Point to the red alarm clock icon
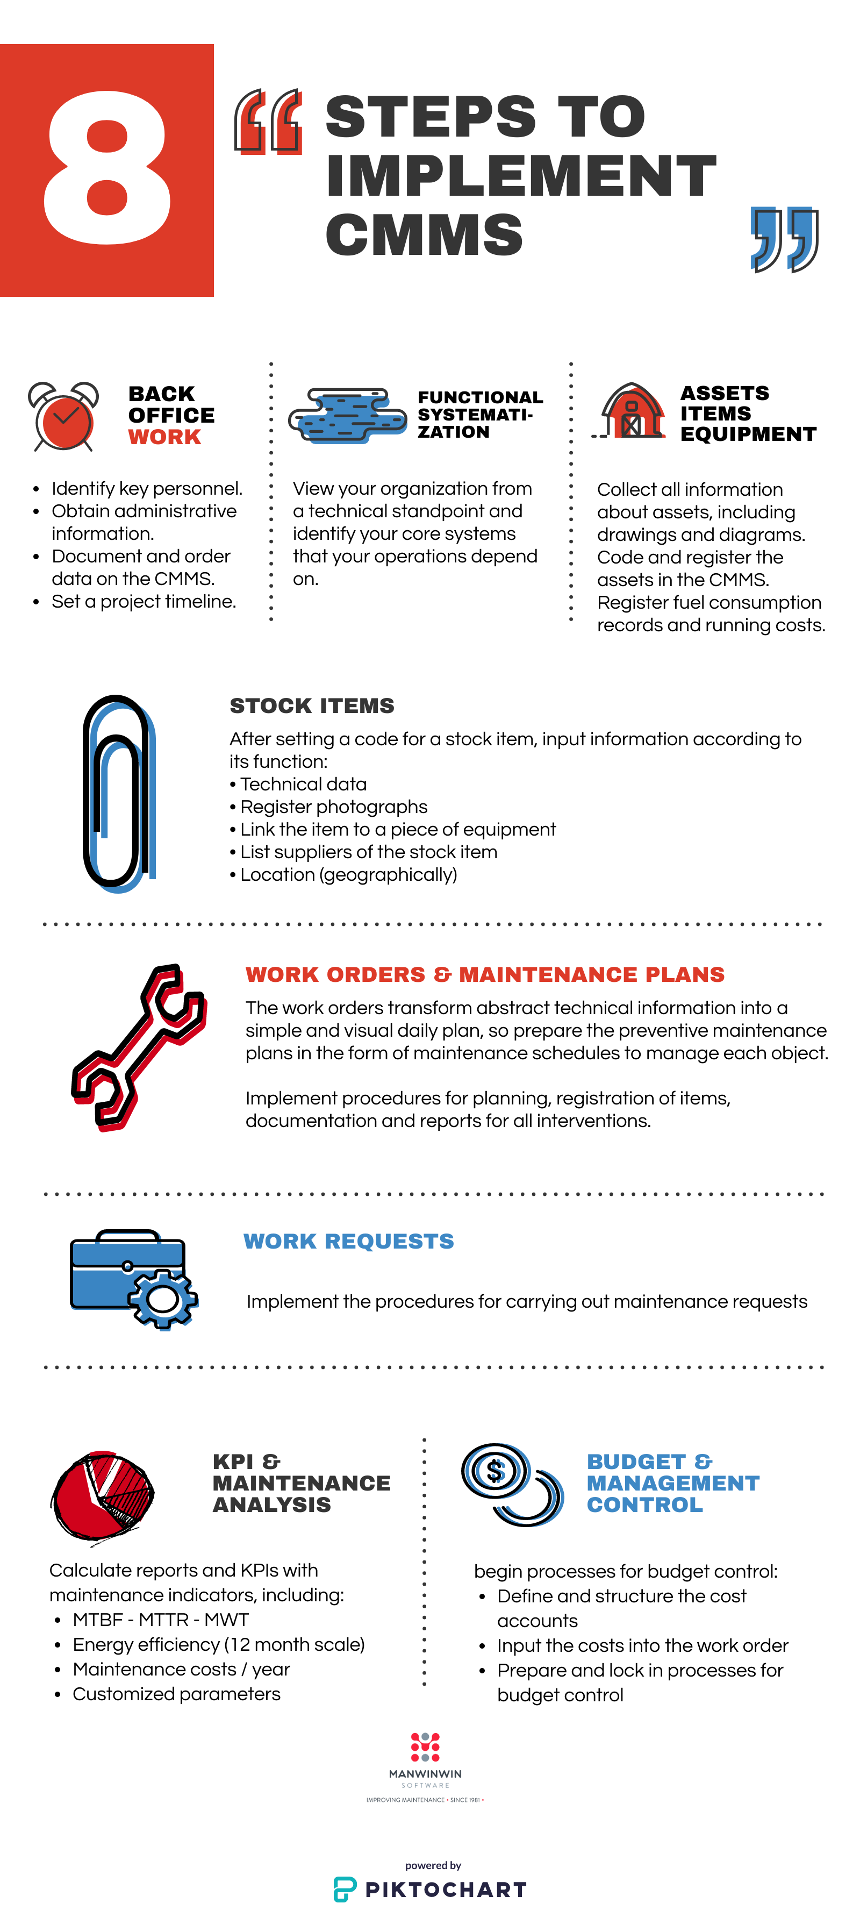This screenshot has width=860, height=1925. point(63,417)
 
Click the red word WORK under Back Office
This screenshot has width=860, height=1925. point(164,437)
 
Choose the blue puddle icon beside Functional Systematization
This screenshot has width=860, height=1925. point(347,416)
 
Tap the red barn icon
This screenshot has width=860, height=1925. point(632,411)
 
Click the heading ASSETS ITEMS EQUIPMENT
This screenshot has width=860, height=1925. point(747,413)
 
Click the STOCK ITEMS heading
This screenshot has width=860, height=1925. point(312,705)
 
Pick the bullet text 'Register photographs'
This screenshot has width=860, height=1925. point(333,807)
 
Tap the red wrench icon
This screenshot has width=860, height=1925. point(138,1046)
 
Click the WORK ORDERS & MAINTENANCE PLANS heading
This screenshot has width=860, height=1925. point(485,974)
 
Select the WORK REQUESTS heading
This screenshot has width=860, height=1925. point(348,1241)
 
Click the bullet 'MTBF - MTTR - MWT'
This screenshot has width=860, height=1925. point(160,1620)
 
